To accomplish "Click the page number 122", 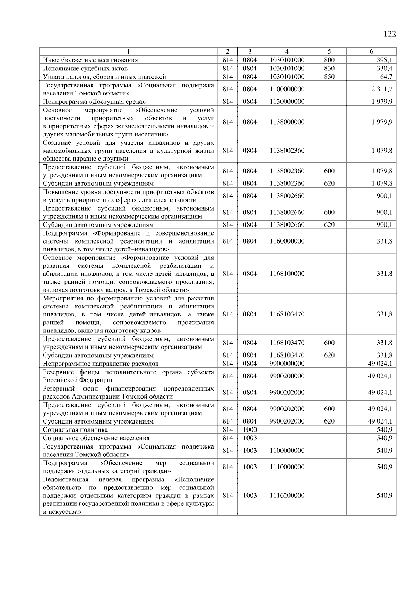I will tap(390, 34).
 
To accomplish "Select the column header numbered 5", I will tap(329, 51).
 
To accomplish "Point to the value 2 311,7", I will tap(381, 89).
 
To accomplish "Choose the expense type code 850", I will tap(329, 77).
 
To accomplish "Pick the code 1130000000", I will tap(287, 102).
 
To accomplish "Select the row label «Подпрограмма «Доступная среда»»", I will tap(94, 102).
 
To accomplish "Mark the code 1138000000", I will tap(287, 122).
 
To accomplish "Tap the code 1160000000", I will tap(287, 241).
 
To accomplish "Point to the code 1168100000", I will tap(287, 274).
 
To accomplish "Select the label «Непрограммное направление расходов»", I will tap(101, 364).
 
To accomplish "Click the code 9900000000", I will tap(287, 364).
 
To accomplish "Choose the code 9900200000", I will tap(287, 376).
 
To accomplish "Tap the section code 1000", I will tap(250, 430).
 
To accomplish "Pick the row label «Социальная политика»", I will tap(75, 430).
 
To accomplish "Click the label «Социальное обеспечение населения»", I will tap(96, 438).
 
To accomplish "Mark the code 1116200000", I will tap(287, 496).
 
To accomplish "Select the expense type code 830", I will tap(329, 68).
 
